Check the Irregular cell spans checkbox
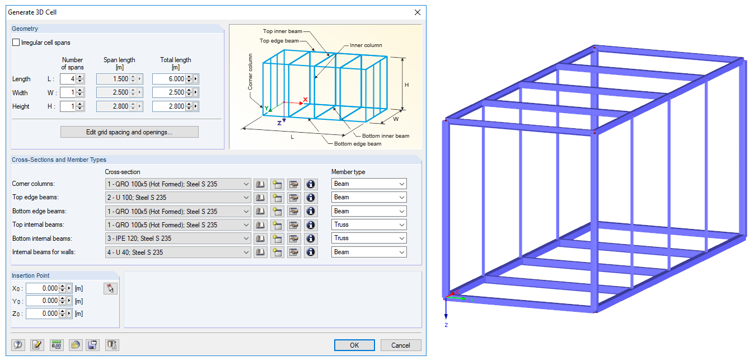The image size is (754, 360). pos(16,43)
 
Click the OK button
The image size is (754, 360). pos(354,345)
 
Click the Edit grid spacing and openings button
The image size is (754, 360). pos(129,132)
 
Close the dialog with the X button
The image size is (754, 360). pos(418,12)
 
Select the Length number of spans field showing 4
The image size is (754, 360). pos(68,79)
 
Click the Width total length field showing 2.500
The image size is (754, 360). pos(168,92)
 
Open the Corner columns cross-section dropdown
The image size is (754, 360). pos(178,184)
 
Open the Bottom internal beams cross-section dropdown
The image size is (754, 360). pos(178,239)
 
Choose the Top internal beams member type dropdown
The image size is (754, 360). pos(369,225)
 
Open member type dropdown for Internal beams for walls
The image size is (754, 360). pos(369,252)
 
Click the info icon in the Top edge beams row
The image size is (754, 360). pos(311,198)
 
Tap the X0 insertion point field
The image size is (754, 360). pos(43,288)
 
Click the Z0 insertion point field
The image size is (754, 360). pos(43,314)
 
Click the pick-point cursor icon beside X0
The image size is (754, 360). pos(110,288)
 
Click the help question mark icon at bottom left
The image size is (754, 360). pos(18,345)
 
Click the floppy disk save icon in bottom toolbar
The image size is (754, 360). pos(92,345)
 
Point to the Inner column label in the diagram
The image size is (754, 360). pos(366,45)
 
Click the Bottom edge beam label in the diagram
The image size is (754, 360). pos(358,144)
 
